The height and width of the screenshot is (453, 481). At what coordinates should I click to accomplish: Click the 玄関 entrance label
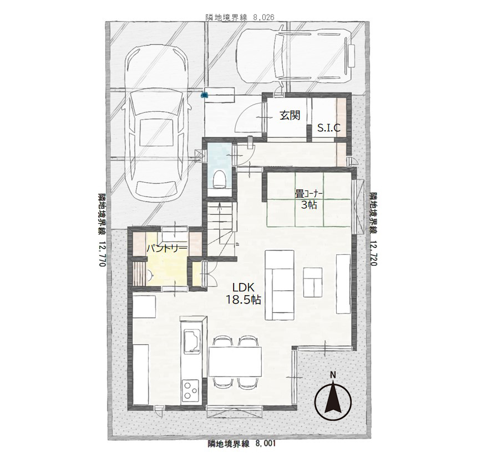click(290, 115)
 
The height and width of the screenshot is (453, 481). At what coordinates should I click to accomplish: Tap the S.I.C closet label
click(328, 128)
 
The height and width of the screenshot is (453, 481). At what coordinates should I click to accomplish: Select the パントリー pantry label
click(166, 248)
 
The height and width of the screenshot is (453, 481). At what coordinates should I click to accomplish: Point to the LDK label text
click(243, 287)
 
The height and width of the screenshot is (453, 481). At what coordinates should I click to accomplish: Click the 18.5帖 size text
click(243, 300)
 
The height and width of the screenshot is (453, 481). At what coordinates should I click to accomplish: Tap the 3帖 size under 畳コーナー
click(308, 205)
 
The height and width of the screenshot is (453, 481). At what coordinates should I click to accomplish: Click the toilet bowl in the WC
click(219, 179)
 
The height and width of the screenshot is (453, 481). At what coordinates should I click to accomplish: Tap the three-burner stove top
click(191, 390)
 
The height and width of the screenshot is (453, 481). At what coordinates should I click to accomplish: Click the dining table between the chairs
click(235, 362)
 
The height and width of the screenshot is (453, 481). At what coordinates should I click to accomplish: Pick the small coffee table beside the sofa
click(313, 282)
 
